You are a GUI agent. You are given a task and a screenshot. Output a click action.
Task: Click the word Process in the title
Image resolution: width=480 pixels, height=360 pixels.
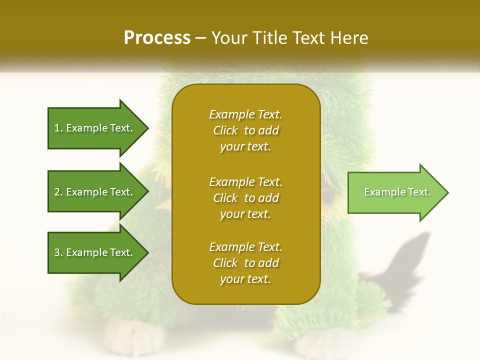pos(157,38)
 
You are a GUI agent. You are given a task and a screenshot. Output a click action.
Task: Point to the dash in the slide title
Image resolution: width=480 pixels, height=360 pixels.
pos(200,38)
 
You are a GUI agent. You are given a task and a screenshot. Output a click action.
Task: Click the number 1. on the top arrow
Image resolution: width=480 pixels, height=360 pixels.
pos(58,128)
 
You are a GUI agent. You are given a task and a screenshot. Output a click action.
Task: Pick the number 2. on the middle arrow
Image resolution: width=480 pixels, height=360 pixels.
pos(58,192)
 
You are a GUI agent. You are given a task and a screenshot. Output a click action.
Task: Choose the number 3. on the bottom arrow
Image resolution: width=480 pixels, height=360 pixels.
pos(58,252)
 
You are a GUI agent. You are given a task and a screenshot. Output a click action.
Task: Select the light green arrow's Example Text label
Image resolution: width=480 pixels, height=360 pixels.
pos(397,192)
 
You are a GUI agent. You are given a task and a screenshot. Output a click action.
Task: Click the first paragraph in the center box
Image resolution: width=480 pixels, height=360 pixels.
pos(245,130)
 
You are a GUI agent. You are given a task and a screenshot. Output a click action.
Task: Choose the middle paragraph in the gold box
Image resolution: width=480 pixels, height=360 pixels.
pos(245,198)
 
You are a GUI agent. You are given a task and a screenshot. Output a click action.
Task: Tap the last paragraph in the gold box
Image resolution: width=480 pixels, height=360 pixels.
pos(245,263)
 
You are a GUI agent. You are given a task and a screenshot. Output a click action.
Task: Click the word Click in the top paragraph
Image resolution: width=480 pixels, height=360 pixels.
pos(225,130)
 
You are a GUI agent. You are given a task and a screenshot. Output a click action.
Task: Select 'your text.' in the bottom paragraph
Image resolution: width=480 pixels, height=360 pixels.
pos(245,279)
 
